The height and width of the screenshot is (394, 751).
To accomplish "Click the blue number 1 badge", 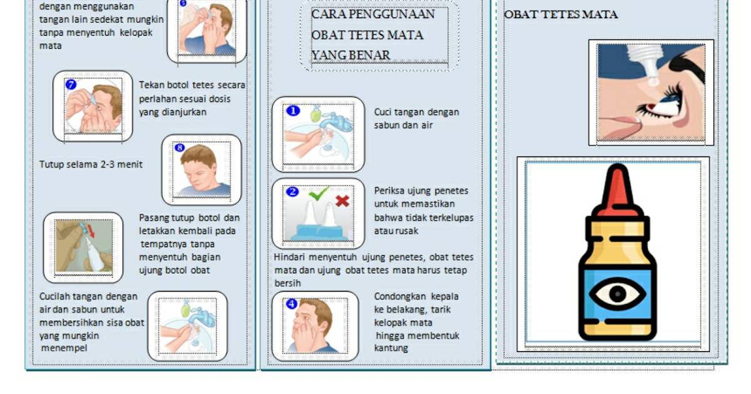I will click(293, 111).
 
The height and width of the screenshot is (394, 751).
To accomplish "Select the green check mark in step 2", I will click(319, 194).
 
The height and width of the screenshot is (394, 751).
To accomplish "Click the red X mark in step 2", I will click(342, 201).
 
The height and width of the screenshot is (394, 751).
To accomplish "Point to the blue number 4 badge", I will click(292, 304).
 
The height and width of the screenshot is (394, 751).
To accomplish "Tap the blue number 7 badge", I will click(71, 84).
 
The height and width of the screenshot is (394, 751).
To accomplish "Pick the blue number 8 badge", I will click(180, 148).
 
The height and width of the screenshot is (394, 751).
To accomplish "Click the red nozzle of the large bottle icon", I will click(618, 188).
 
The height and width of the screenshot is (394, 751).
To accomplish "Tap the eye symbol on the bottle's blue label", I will click(618, 294).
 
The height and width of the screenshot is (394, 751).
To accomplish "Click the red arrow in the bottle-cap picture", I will click(89, 232).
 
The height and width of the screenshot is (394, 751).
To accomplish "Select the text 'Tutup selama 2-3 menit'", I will click(91, 164).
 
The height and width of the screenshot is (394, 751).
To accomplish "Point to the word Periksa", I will click(389, 191).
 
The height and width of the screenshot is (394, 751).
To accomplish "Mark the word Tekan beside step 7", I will click(151, 85).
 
